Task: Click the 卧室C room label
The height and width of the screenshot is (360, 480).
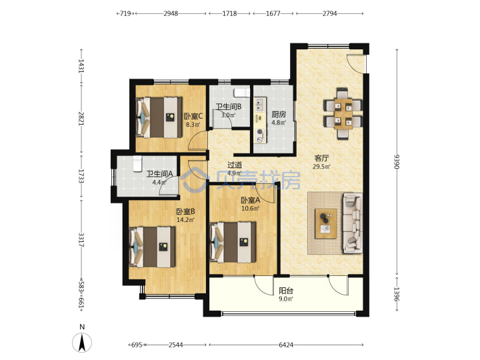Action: [x=193, y=116]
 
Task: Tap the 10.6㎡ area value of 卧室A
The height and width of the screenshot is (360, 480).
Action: [x=251, y=209]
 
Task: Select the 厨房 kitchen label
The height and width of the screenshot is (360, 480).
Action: [x=279, y=115]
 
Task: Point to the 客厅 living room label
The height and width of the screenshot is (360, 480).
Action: [x=321, y=158]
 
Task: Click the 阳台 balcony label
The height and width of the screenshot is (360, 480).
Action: [x=286, y=291]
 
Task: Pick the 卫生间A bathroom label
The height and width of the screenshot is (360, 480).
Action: [x=159, y=174]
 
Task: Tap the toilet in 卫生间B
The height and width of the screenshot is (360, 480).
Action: [x=240, y=93]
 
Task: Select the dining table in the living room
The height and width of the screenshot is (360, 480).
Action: [x=343, y=113]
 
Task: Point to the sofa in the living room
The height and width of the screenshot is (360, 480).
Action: [x=353, y=223]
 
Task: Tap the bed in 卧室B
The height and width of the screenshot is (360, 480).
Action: [x=153, y=247]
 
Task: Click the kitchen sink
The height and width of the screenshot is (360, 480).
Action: [x=260, y=105]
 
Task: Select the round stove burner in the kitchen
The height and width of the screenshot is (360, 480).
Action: [x=260, y=132]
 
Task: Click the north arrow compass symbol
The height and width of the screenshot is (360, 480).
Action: [x=82, y=342]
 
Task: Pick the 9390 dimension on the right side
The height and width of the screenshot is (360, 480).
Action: [x=397, y=161]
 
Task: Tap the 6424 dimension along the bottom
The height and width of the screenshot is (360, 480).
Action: [x=286, y=345]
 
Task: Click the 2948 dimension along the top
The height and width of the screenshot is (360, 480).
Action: [x=171, y=13]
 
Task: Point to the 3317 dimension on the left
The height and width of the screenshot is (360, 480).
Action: [x=81, y=240]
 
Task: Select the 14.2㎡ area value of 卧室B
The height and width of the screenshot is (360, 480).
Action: [x=185, y=220]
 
